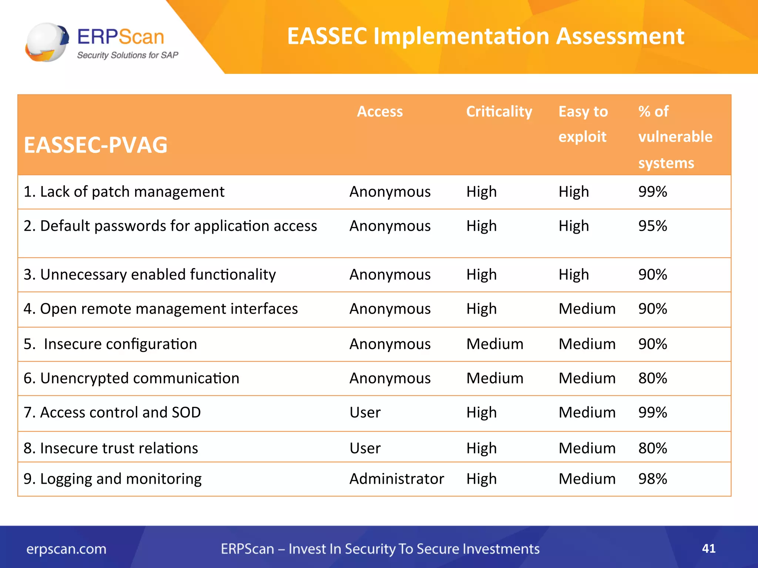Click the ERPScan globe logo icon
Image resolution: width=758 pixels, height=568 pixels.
click(x=47, y=42)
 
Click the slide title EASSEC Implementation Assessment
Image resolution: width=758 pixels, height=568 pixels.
click(x=485, y=36)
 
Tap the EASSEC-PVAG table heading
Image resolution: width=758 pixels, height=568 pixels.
click(x=95, y=145)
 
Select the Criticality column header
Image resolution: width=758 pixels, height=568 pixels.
click(x=499, y=111)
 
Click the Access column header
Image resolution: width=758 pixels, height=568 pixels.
click(x=380, y=111)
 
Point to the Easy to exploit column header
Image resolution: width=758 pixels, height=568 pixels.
click(x=583, y=124)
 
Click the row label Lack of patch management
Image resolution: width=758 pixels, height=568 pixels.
click(x=124, y=192)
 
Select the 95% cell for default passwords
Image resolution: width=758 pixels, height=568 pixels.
click(x=653, y=226)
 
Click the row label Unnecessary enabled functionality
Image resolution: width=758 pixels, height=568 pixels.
click(x=150, y=274)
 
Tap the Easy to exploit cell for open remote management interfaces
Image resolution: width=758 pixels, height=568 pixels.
click(x=587, y=309)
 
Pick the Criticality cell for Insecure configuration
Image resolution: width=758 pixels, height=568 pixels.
click(x=495, y=344)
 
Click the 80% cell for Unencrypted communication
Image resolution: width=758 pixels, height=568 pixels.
click(x=653, y=378)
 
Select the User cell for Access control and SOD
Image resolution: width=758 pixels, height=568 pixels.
click(x=365, y=412)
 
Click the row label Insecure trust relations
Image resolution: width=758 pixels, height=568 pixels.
click(x=111, y=448)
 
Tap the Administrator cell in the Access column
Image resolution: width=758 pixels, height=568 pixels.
click(x=397, y=479)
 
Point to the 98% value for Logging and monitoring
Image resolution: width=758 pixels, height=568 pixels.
click(x=653, y=479)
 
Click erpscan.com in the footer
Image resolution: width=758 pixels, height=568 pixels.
click(x=66, y=549)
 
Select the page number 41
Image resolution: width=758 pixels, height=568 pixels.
click(x=708, y=548)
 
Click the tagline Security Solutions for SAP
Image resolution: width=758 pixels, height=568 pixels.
click(x=127, y=55)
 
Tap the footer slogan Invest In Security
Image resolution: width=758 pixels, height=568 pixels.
click(x=380, y=549)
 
